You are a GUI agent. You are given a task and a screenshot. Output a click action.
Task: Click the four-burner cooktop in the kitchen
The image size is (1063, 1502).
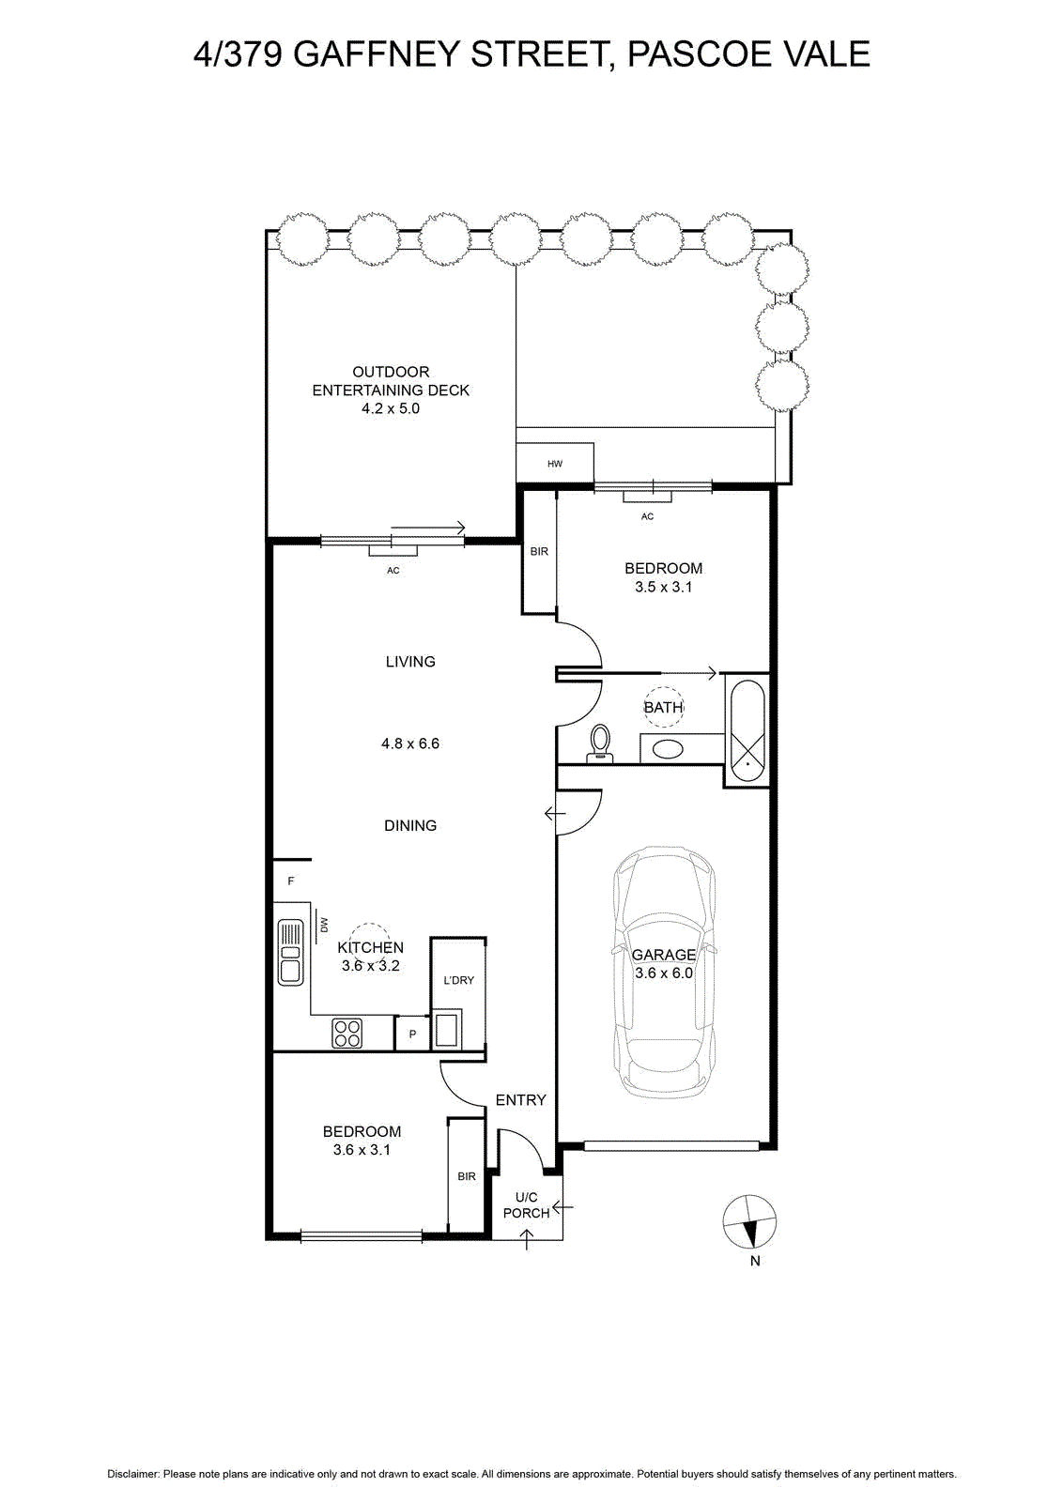347,1033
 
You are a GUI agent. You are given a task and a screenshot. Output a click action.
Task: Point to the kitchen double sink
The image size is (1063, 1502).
291,952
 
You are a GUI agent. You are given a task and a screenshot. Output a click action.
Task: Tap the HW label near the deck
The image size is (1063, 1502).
555,464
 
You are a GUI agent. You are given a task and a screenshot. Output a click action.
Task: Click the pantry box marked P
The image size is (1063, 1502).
412,1034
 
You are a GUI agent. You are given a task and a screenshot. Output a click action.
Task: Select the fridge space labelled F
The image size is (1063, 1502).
291,881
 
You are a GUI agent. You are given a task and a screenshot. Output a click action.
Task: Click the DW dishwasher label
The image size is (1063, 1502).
325,926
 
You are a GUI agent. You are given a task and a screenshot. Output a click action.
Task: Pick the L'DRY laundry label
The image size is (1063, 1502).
459,980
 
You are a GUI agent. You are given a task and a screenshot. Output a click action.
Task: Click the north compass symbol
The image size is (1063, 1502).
749,1222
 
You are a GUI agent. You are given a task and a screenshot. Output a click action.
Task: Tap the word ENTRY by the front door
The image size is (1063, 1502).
520,1099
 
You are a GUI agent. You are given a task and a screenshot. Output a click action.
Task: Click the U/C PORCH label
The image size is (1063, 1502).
527,1205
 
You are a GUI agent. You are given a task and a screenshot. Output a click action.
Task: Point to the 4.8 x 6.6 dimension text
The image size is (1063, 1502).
410,743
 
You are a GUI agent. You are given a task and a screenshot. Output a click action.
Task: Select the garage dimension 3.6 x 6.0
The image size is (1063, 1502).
663,973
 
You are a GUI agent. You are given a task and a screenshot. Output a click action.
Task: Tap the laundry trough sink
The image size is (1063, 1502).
447,1029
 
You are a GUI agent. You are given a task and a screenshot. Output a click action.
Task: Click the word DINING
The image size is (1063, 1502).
410,825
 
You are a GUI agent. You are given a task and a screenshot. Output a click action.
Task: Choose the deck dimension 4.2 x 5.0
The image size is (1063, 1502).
391,408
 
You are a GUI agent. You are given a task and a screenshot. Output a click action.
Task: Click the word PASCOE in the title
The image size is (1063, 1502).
701,54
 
